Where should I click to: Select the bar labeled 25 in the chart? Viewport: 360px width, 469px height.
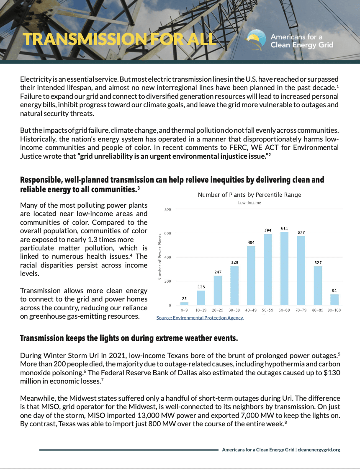184,303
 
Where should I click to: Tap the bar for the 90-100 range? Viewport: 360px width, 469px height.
334,299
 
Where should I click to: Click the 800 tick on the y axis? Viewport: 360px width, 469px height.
167,209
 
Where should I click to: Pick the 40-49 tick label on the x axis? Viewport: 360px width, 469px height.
251,311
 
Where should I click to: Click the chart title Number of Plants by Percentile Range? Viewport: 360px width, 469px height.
249,195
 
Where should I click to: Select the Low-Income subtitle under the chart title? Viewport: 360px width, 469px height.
249,203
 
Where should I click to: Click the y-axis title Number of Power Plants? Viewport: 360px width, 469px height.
160,257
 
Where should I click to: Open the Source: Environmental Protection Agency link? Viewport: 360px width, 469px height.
200,318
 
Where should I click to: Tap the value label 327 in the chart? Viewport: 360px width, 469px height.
318,263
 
